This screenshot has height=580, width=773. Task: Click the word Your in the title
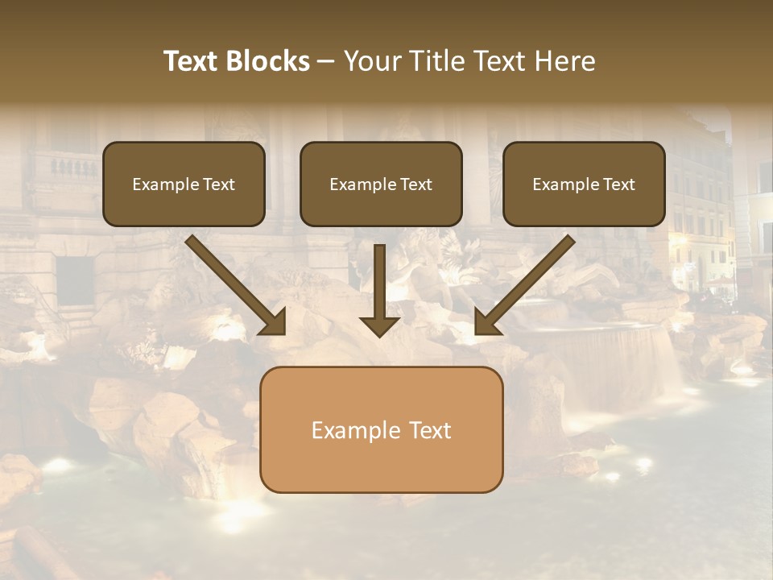pyautogui.click(x=370, y=61)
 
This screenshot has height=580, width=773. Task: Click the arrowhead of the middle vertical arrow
pyautogui.click(x=380, y=325)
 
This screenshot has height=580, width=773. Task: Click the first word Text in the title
pyautogui.click(x=192, y=61)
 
